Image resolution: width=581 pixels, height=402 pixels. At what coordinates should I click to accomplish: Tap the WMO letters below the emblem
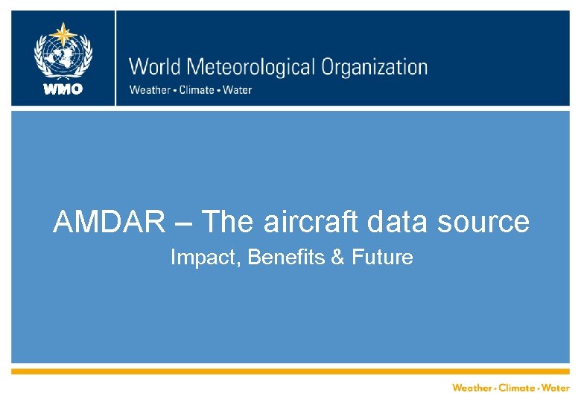click(63, 89)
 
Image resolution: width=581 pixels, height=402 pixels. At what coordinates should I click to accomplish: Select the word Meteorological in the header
click(253, 68)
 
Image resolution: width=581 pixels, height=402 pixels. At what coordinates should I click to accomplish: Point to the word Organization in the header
click(374, 68)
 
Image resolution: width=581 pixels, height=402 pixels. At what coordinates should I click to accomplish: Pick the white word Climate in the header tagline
click(195, 90)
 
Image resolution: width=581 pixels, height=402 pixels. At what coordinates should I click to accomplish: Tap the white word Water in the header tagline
click(237, 90)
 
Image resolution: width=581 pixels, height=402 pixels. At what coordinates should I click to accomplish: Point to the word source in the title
click(486, 222)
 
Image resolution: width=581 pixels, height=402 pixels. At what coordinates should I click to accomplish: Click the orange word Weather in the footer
click(472, 388)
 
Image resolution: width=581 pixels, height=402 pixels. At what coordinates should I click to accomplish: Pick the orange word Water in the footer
click(556, 388)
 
